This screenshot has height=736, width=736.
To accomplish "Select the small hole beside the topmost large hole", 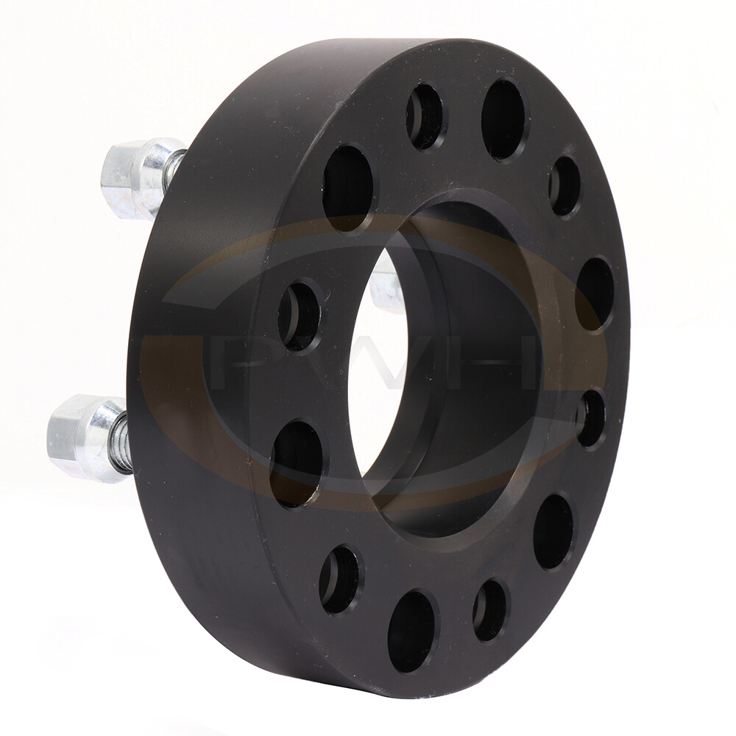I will click(425, 116).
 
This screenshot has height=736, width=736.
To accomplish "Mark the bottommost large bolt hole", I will click(412, 631).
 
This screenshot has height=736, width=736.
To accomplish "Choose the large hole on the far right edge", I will click(595, 293).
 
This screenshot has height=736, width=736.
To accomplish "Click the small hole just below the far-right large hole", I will click(590, 418).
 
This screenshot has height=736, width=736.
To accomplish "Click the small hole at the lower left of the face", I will click(339, 579).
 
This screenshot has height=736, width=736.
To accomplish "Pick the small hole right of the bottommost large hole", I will click(490, 609).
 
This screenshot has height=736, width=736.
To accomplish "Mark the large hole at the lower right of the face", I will click(553, 531).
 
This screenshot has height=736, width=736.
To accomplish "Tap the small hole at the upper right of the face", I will click(565, 185).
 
